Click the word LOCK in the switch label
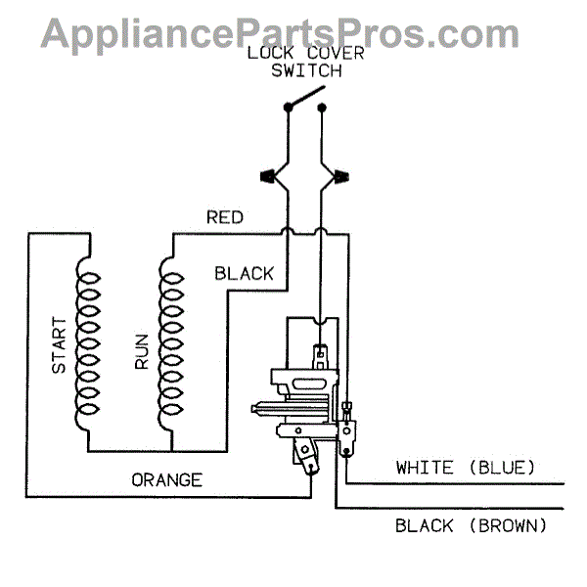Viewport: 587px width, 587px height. click(x=266, y=52)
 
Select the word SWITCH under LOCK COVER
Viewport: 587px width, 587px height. click(x=306, y=70)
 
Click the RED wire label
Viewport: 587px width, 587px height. click(x=224, y=217)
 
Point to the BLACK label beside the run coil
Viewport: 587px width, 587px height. click(x=245, y=274)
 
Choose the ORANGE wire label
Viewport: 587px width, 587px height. click(x=167, y=480)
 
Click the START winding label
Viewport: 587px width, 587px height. click(x=59, y=344)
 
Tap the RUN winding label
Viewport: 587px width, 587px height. click(x=142, y=351)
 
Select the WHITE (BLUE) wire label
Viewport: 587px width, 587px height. click(x=465, y=468)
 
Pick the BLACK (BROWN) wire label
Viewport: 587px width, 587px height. click(x=471, y=526)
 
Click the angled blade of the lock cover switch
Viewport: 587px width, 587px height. click(x=304, y=97)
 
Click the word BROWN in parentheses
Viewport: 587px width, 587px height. click(x=507, y=526)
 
